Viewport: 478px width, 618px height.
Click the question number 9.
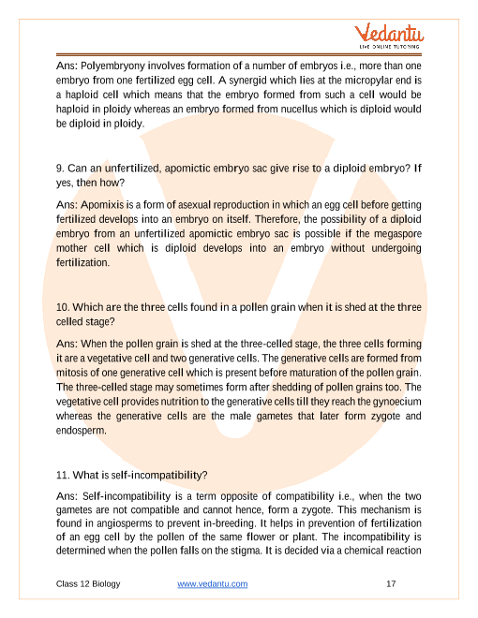[x=60, y=169]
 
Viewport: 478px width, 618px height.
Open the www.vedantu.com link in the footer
[x=212, y=583]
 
